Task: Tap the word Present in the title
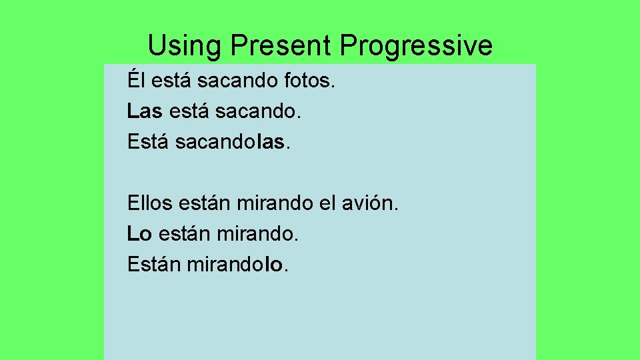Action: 280,46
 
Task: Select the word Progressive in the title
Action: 416,46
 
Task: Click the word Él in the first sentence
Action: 135,81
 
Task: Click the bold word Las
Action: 145,111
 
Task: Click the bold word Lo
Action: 139,233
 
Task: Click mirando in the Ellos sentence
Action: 275,203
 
